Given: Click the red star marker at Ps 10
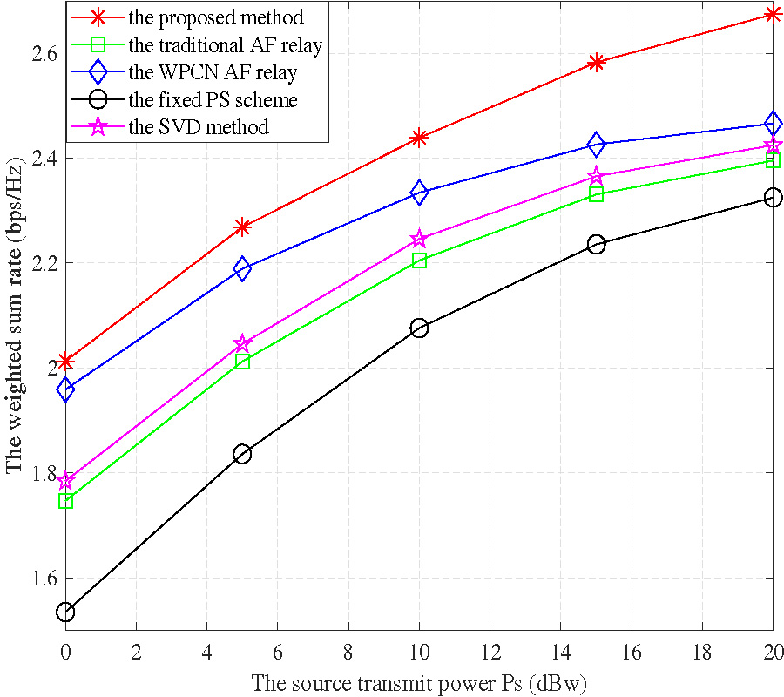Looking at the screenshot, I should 419,138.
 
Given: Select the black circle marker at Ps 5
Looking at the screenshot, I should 242,454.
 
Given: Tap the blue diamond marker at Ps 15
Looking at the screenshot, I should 596,144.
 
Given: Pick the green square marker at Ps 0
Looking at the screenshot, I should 65,501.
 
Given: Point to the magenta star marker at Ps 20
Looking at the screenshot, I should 773,145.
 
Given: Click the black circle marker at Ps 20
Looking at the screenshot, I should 773,198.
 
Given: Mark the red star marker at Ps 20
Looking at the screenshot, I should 773,14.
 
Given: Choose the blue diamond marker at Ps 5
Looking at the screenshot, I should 242,268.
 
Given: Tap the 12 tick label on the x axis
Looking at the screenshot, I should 490,652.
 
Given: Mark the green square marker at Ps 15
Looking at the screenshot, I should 596,194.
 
